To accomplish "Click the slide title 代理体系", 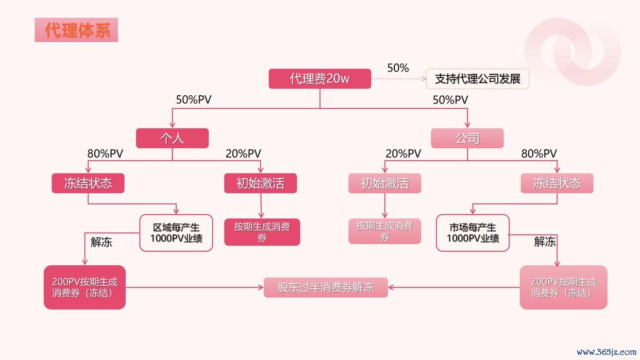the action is pos(76,30).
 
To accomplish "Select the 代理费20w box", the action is pos(319,78).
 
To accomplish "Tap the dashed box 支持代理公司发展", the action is pos(478,79).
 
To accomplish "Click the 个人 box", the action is pos(172,138).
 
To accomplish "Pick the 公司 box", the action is pos(467,138).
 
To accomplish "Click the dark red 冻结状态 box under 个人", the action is pos(88,183).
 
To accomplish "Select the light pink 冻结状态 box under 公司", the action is pos(557,183).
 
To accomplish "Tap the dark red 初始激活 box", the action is pos(261,183).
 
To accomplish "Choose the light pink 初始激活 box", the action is pos(384,183).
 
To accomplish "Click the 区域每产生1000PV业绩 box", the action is pos(176,233).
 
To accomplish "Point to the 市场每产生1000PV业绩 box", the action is pos(473,233).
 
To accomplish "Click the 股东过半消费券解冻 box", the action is pos(326,287).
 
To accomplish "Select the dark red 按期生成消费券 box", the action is pos(262,232).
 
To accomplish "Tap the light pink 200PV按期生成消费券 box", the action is pos(563,287).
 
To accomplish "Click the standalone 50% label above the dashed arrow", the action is pos(398,68).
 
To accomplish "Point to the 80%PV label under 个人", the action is pos(105,153).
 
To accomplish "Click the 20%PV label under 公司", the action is pos(403,153).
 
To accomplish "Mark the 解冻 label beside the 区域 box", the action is pos(101,242).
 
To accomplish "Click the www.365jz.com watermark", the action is pos(607,352).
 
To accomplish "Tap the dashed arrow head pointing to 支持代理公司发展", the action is pos(424,79).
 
